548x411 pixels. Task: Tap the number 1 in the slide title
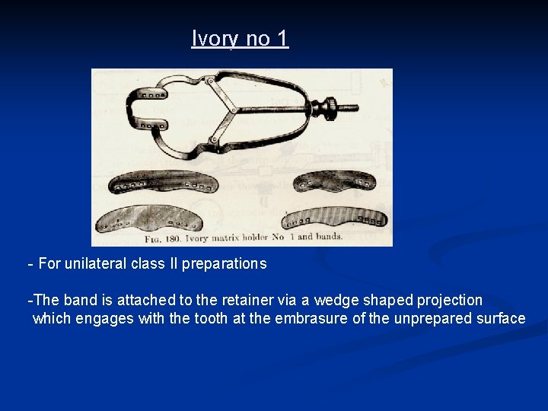[x=282, y=38]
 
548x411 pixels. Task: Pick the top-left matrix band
[x=174, y=182]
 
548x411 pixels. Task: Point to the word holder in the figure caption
[x=248, y=237]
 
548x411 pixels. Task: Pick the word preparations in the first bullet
[x=232, y=264]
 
